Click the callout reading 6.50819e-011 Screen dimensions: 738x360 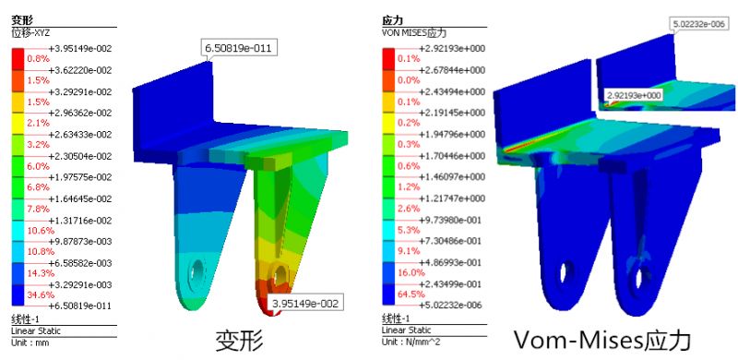[239, 48]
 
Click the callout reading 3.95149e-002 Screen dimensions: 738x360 [305, 302]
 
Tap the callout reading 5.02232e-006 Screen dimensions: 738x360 [699, 25]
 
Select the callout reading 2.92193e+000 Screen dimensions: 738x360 [634, 96]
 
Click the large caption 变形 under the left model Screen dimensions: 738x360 [239, 341]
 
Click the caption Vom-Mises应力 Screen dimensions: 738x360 [601, 340]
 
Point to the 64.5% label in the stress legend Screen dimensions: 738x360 [408, 294]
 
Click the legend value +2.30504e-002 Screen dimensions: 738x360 [80, 156]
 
